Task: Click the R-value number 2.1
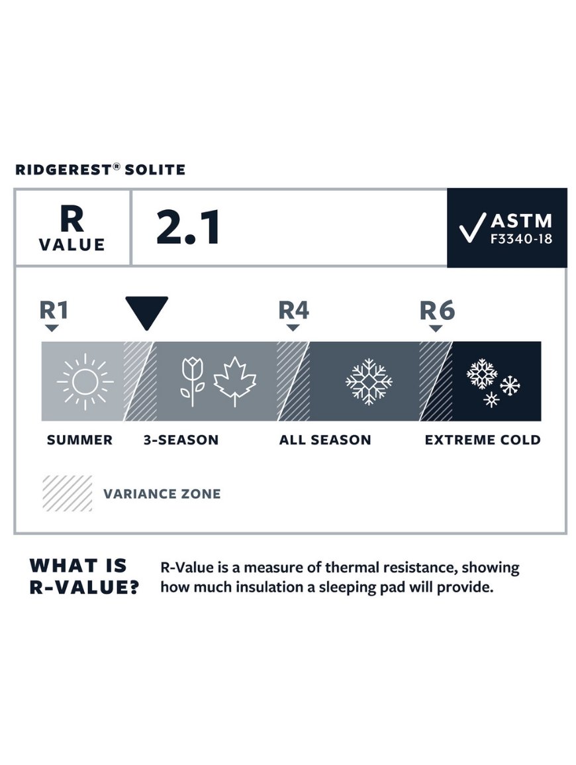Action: tap(188, 227)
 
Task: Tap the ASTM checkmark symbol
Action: tap(472, 227)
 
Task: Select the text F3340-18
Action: tap(521, 239)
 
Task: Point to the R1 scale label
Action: tap(54, 310)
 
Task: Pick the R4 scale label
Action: tap(293, 310)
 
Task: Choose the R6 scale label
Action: tap(438, 310)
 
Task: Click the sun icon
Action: tap(85, 382)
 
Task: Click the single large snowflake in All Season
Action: tap(369, 382)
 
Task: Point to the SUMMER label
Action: tap(79, 440)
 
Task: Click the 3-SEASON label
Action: tap(181, 440)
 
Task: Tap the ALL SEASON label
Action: tap(325, 440)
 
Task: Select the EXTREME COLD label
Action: tap(483, 440)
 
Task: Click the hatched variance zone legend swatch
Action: tap(68, 493)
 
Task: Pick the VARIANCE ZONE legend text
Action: tap(162, 493)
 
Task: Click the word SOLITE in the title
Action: tap(155, 170)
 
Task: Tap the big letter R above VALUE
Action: tap(72, 219)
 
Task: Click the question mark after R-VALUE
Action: tap(132, 587)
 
